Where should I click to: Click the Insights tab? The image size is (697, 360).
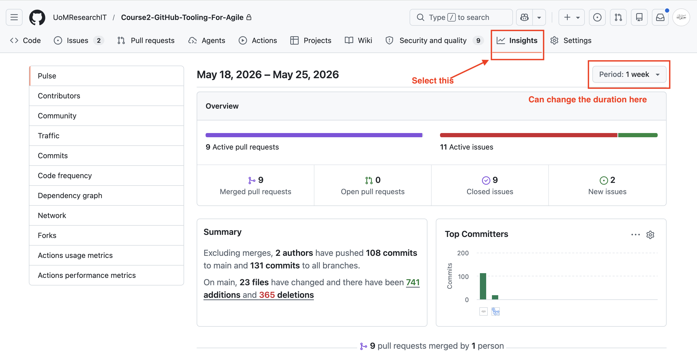tap(517, 40)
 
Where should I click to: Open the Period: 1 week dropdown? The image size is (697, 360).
tap(629, 74)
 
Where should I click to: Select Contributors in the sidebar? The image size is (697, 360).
tap(59, 96)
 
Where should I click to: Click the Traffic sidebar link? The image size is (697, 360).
tap(49, 136)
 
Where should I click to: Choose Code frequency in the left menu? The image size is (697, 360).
tap(65, 175)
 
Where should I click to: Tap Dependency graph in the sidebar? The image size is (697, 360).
tap(70, 195)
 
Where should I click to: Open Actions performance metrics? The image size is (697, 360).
tap(87, 275)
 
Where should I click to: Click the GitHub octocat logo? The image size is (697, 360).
tap(37, 18)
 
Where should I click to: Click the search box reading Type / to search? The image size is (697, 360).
tap(461, 17)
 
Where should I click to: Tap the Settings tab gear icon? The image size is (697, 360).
tap(554, 40)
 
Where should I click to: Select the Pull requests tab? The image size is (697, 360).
tap(146, 40)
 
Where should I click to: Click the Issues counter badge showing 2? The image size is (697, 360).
tap(99, 40)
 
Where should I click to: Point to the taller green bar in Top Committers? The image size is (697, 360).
tap(483, 286)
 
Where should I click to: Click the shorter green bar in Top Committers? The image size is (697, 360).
tap(495, 297)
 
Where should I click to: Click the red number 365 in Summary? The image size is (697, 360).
tap(267, 295)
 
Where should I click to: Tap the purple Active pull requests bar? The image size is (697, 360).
tap(314, 135)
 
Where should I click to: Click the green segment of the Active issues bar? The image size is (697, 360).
tap(638, 135)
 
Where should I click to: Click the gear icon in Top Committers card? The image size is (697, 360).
tap(650, 235)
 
